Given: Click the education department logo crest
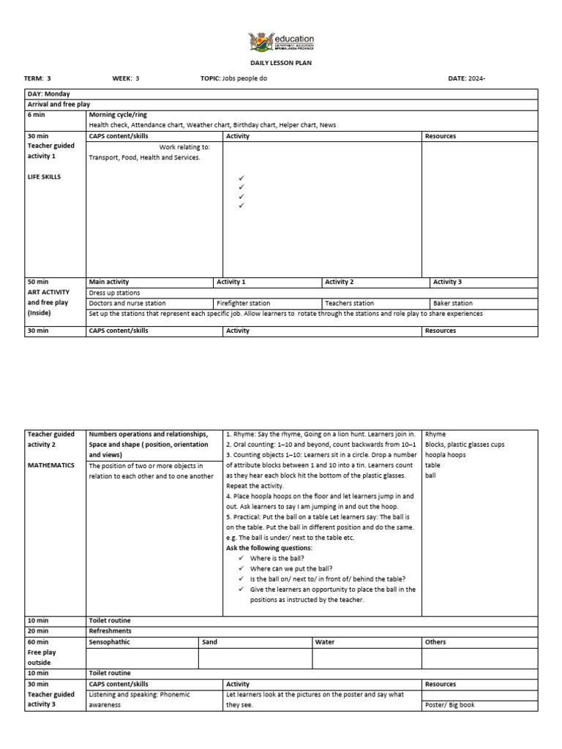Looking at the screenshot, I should [x=259, y=41].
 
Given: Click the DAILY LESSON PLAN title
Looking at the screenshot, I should [x=281, y=63].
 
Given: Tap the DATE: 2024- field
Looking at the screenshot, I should [x=466, y=78].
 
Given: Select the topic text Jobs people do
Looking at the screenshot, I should [x=244, y=78].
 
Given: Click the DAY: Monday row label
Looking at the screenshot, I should [x=49, y=94].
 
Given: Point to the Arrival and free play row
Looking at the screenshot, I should [x=59, y=105].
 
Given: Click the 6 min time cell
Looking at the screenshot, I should [x=37, y=116].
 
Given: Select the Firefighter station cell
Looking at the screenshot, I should [x=244, y=303].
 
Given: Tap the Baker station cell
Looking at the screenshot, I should [x=453, y=303].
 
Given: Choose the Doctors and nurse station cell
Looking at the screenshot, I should [x=127, y=303].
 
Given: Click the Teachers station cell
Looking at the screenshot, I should [x=349, y=303].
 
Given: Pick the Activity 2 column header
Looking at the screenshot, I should [x=340, y=282].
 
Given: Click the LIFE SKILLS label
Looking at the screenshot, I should [x=45, y=177].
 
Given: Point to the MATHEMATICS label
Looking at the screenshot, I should [x=51, y=465].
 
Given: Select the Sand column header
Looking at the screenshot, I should [x=210, y=642].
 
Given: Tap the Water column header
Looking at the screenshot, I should [x=324, y=642].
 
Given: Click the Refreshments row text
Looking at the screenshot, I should [x=110, y=631].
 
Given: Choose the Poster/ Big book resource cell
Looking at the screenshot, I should [x=450, y=705].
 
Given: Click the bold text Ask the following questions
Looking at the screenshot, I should [x=269, y=548].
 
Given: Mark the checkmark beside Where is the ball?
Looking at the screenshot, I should [x=241, y=558].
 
